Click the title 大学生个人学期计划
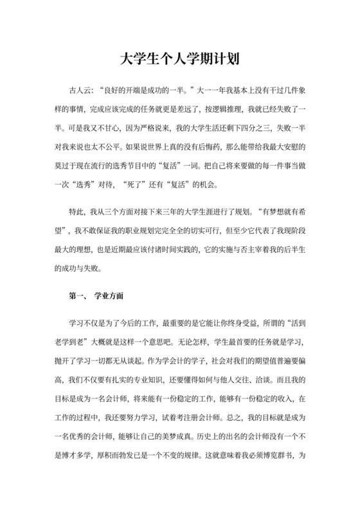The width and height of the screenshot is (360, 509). coord(180,60)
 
